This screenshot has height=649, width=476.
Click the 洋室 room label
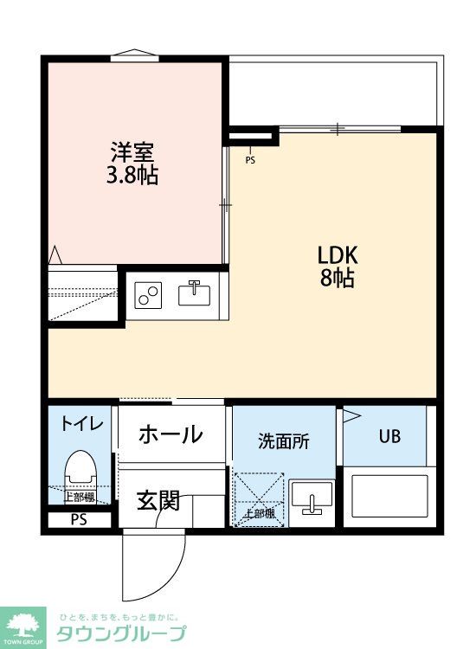coord(132,152)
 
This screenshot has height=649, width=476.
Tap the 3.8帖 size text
coord(132,176)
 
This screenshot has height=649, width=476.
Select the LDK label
coord(338,255)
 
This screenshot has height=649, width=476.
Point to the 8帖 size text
coord(338,280)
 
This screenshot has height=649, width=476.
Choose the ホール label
coord(170,434)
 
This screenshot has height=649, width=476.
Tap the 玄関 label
coord(158,500)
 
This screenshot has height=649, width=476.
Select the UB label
coord(389,436)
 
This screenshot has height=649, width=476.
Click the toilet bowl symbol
coord(80,472)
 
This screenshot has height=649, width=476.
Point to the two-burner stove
coord(149,296)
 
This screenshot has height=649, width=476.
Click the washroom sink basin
coord(311,499)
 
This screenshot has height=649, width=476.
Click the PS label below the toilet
coord(79,521)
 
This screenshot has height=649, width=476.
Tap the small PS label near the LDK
coord(250,159)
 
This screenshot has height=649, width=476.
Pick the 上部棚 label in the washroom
coord(259,512)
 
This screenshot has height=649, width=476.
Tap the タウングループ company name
coord(121,633)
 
